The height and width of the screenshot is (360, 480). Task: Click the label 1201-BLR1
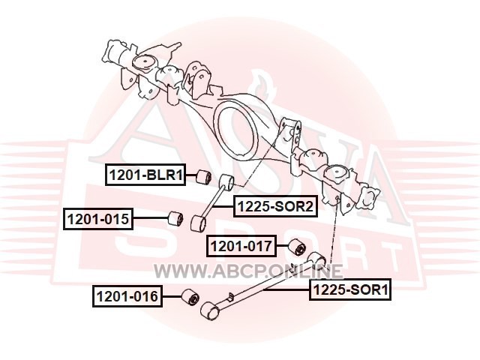pyautogui.click(x=145, y=175)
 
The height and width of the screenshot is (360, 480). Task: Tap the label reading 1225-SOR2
pyautogui.click(x=274, y=206)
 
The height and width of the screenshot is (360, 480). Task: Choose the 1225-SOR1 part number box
pyautogui.click(x=351, y=288)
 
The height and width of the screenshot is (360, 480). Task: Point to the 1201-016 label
pyautogui.click(x=127, y=297)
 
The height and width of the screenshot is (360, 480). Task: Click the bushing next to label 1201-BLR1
pyautogui.click(x=202, y=176)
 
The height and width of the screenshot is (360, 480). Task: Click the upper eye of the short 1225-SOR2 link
pyautogui.click(x=227, y=181)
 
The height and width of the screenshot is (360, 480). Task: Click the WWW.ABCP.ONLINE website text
pyautogui.click(x=248, y=271)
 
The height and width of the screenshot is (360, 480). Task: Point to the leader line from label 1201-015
pyautogui.click(x=150, y=219)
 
